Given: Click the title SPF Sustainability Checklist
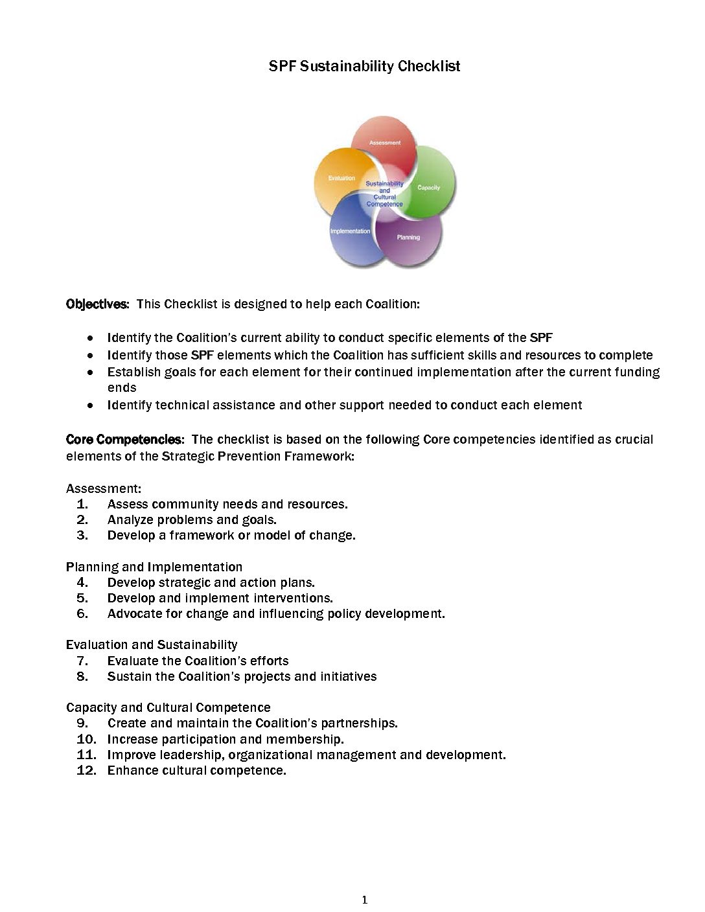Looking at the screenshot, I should click(x=364, y=66).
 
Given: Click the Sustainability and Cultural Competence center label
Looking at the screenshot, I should click(x=384, y=194).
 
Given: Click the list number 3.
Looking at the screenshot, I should click(x=82, y=536).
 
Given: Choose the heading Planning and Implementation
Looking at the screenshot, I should click(x=154, y=567).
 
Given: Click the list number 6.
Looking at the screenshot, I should click(x=82, y=614).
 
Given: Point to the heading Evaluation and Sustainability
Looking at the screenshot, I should click(x=152, y=645).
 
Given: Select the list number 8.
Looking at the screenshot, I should click(x=82, y=677).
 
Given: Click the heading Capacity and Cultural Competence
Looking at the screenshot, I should click(x=168, y=708).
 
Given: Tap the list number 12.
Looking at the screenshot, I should click(x=86, y=771).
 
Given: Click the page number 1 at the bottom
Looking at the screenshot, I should click(x=365, y=900).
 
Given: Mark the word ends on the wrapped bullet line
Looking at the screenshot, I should click(x=122, y=388).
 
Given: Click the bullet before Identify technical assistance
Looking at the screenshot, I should click(x=91, y=405).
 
